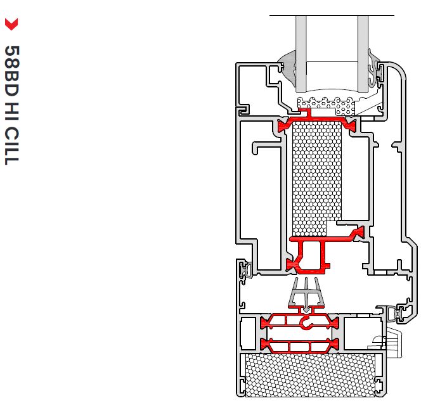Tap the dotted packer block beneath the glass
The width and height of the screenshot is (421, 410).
(x=327, y=103)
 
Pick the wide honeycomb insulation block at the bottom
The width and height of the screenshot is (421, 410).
(x=314, y=373)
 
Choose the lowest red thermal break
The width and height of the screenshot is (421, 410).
(x=298, y=345)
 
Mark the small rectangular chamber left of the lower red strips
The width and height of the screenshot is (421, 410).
(x=249, y=333)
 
